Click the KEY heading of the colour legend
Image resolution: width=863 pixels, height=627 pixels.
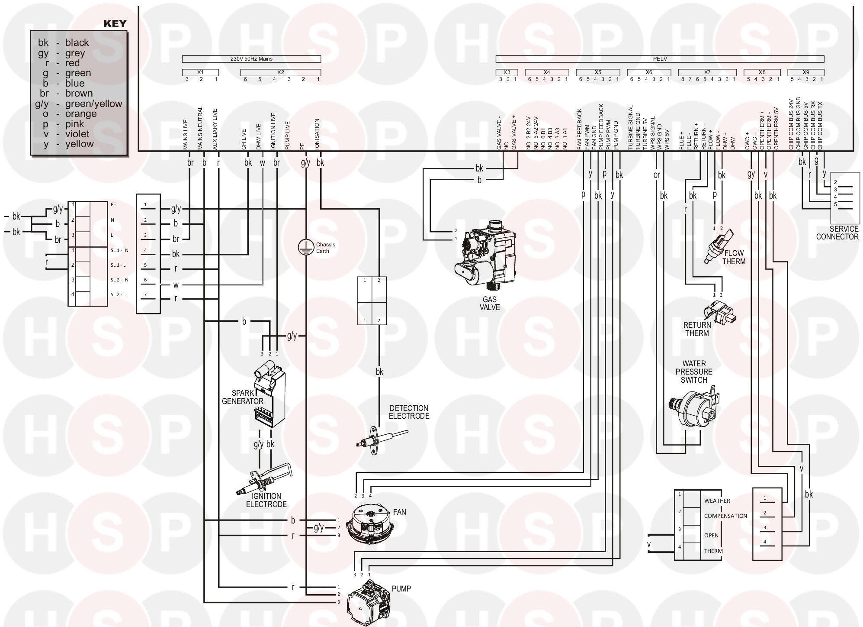(115, 24)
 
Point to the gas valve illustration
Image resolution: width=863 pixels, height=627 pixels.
(484, 255)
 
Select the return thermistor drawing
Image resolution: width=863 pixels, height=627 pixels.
(718, 312)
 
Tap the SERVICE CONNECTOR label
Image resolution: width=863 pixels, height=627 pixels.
(837, 233)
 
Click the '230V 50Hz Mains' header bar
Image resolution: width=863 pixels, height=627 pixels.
(251, 59)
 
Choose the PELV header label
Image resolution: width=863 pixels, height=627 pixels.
(660, 59)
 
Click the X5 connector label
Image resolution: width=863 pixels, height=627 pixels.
(597, 72)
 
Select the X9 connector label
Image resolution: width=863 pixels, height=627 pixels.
(805, 72)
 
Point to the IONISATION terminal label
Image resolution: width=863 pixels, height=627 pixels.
(317, 135)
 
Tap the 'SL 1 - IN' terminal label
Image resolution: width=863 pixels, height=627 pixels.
(119, 250)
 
